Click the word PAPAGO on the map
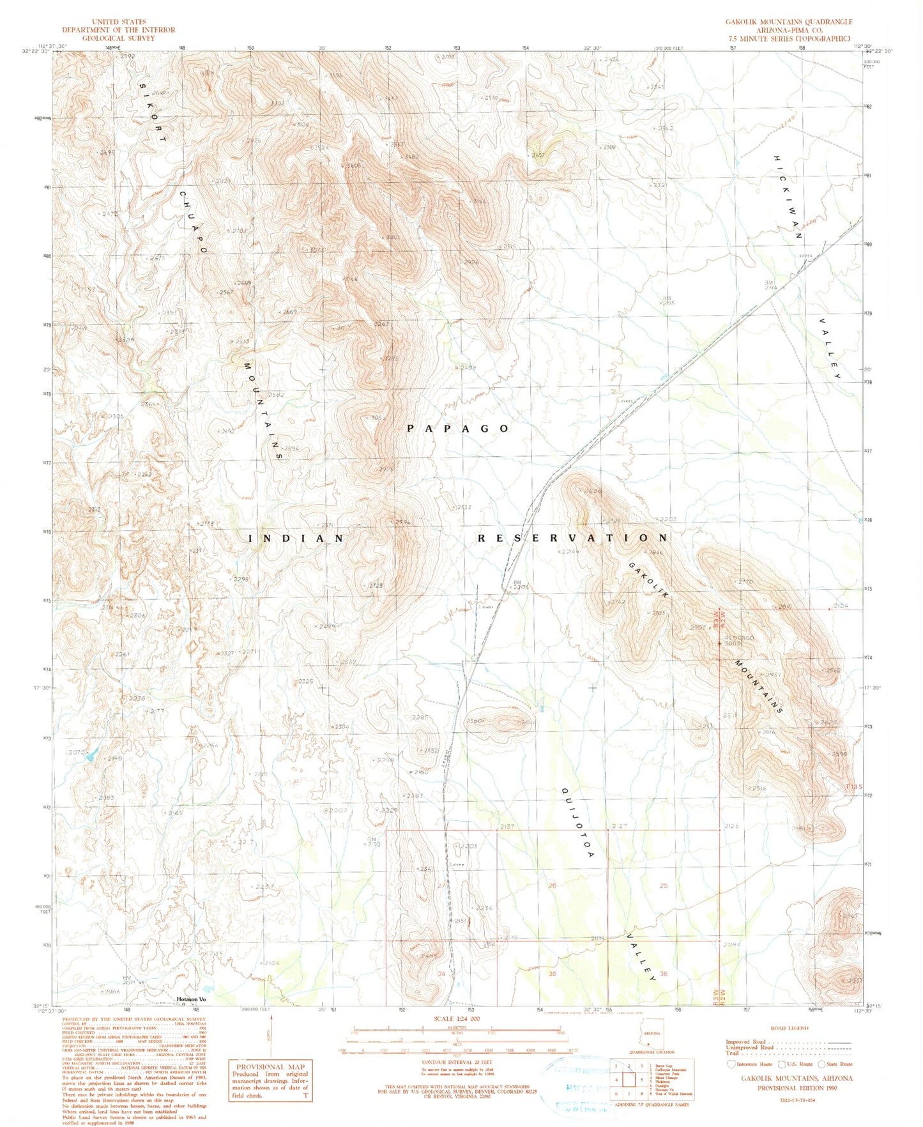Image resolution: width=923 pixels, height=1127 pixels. [458, 429]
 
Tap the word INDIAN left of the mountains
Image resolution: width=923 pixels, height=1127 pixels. [296, 539]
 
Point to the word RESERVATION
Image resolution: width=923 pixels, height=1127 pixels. [573, 538]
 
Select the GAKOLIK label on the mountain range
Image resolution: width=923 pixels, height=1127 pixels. [650, 579]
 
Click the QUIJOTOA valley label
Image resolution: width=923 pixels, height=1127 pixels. [578, 822]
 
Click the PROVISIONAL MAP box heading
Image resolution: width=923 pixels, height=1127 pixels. [270, 1067]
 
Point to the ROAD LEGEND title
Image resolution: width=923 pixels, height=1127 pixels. [790, 1028]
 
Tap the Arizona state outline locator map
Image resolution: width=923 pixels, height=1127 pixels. [652, 1034]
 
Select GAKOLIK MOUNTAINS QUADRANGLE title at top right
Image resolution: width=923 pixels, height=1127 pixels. [788, 22]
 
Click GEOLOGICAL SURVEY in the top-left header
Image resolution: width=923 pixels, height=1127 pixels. [118, 38]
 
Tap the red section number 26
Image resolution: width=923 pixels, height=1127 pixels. [552, 885]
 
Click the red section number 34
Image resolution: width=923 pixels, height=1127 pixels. [441, 974]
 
